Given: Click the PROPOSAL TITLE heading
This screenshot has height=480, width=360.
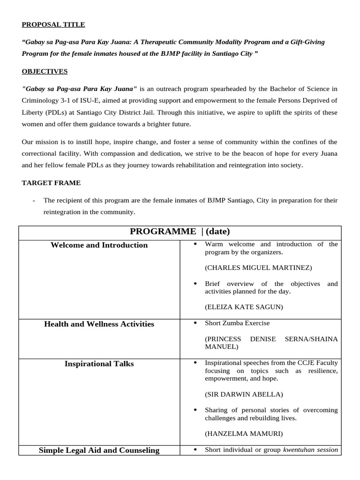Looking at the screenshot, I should (53, 25).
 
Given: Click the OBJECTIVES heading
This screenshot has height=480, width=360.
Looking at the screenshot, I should (45, 71).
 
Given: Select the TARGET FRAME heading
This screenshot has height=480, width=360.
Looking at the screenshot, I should (51, 183).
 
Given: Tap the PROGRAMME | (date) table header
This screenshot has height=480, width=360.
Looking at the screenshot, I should (180, 232).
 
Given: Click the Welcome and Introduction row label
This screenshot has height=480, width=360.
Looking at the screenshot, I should (99, 245).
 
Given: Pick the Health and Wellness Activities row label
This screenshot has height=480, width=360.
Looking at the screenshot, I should (99, 324).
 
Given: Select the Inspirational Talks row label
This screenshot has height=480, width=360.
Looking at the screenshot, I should (99, 364).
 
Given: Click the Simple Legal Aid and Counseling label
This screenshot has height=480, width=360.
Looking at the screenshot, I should (99, 450).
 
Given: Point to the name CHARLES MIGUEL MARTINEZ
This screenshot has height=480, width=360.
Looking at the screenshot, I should (258, 268).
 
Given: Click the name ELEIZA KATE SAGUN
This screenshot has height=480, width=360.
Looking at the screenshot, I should (244, 307).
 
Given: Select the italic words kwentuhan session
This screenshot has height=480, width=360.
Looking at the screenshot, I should (310, 450).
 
